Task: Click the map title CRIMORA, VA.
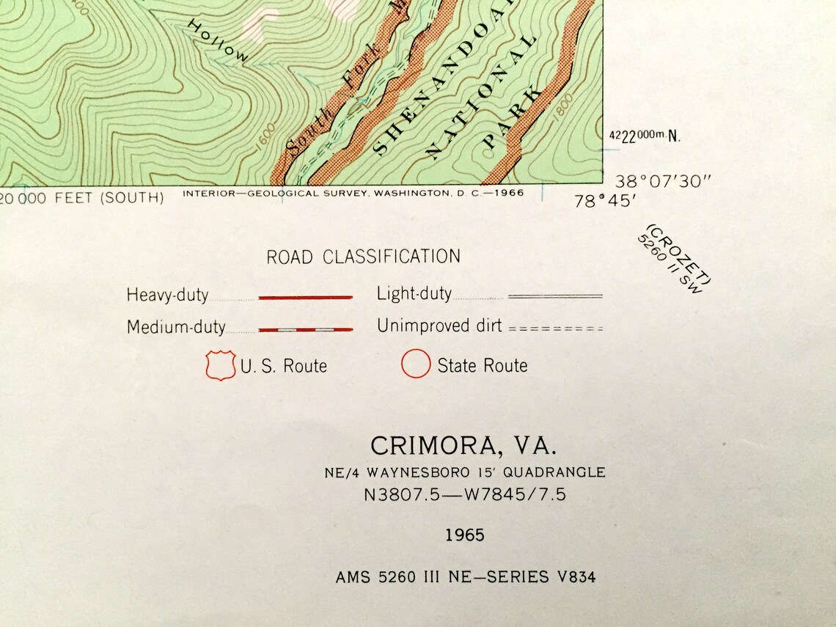point(463,446)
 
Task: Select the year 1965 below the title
point(465,535)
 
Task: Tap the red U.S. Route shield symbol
point(220,365)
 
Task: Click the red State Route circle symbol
point(415,364)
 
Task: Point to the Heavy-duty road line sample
point(305,297)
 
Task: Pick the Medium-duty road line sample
point(305,329)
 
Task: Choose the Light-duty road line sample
point(555,296)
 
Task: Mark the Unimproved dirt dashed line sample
point(555,329)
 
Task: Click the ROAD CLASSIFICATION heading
point(363,257)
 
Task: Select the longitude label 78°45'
point(604,201)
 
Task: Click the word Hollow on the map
point(219,40)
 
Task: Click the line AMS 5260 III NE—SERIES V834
point(466,577)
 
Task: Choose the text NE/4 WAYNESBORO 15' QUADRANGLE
point(465,472)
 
